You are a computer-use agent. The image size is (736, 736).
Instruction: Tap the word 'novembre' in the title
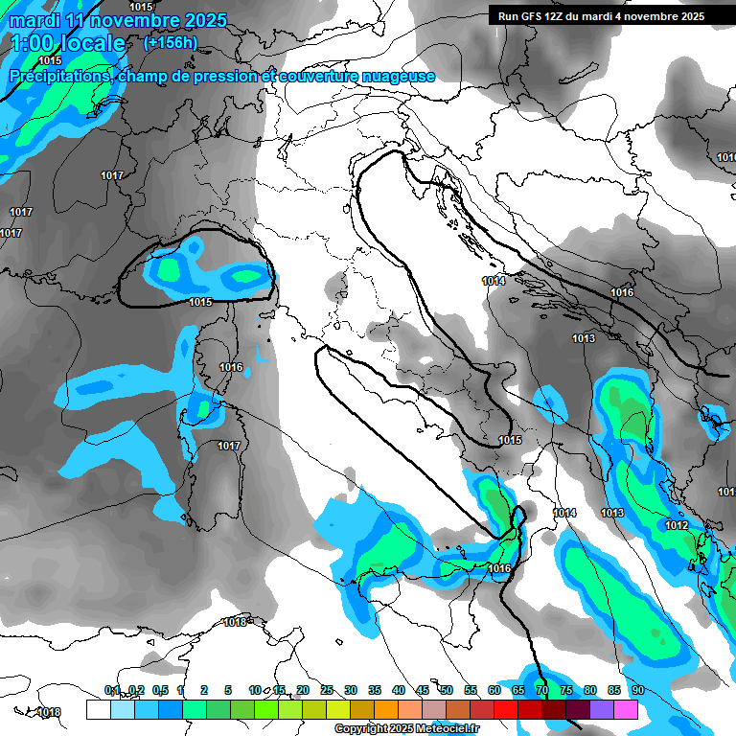pyautogui.click(x=131, y=20)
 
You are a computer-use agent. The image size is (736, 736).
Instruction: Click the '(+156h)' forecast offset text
pyautogui.click(x=170, y=42)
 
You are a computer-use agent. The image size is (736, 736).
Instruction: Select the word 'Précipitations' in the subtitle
pyautogui.click(x=58, y=76)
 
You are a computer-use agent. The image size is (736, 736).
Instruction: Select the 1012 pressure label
pyautogui.click(x=677, y=525)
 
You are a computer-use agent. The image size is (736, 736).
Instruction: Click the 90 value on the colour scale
pyautogui.click(x=637, y=690)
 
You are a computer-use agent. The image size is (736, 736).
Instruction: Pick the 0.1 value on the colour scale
pyautogui.click(x=112, y=690)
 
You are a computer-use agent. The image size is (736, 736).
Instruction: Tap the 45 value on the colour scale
pyautogui.click(x=423, y=690)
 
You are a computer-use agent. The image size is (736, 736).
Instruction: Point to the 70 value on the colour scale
pyautogui.click(x=541, y=690)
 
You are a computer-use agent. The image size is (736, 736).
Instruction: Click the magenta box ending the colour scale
pyautogui.click(x=626, y=709)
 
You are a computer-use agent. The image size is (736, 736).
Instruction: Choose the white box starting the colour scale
pyautogui.click(x=98, y=709)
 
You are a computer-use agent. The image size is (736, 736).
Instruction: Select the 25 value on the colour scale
pyautogui.click(x=327, y=690)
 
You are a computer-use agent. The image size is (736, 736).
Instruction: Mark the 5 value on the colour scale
pyautogui.click(x=228, y=690)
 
